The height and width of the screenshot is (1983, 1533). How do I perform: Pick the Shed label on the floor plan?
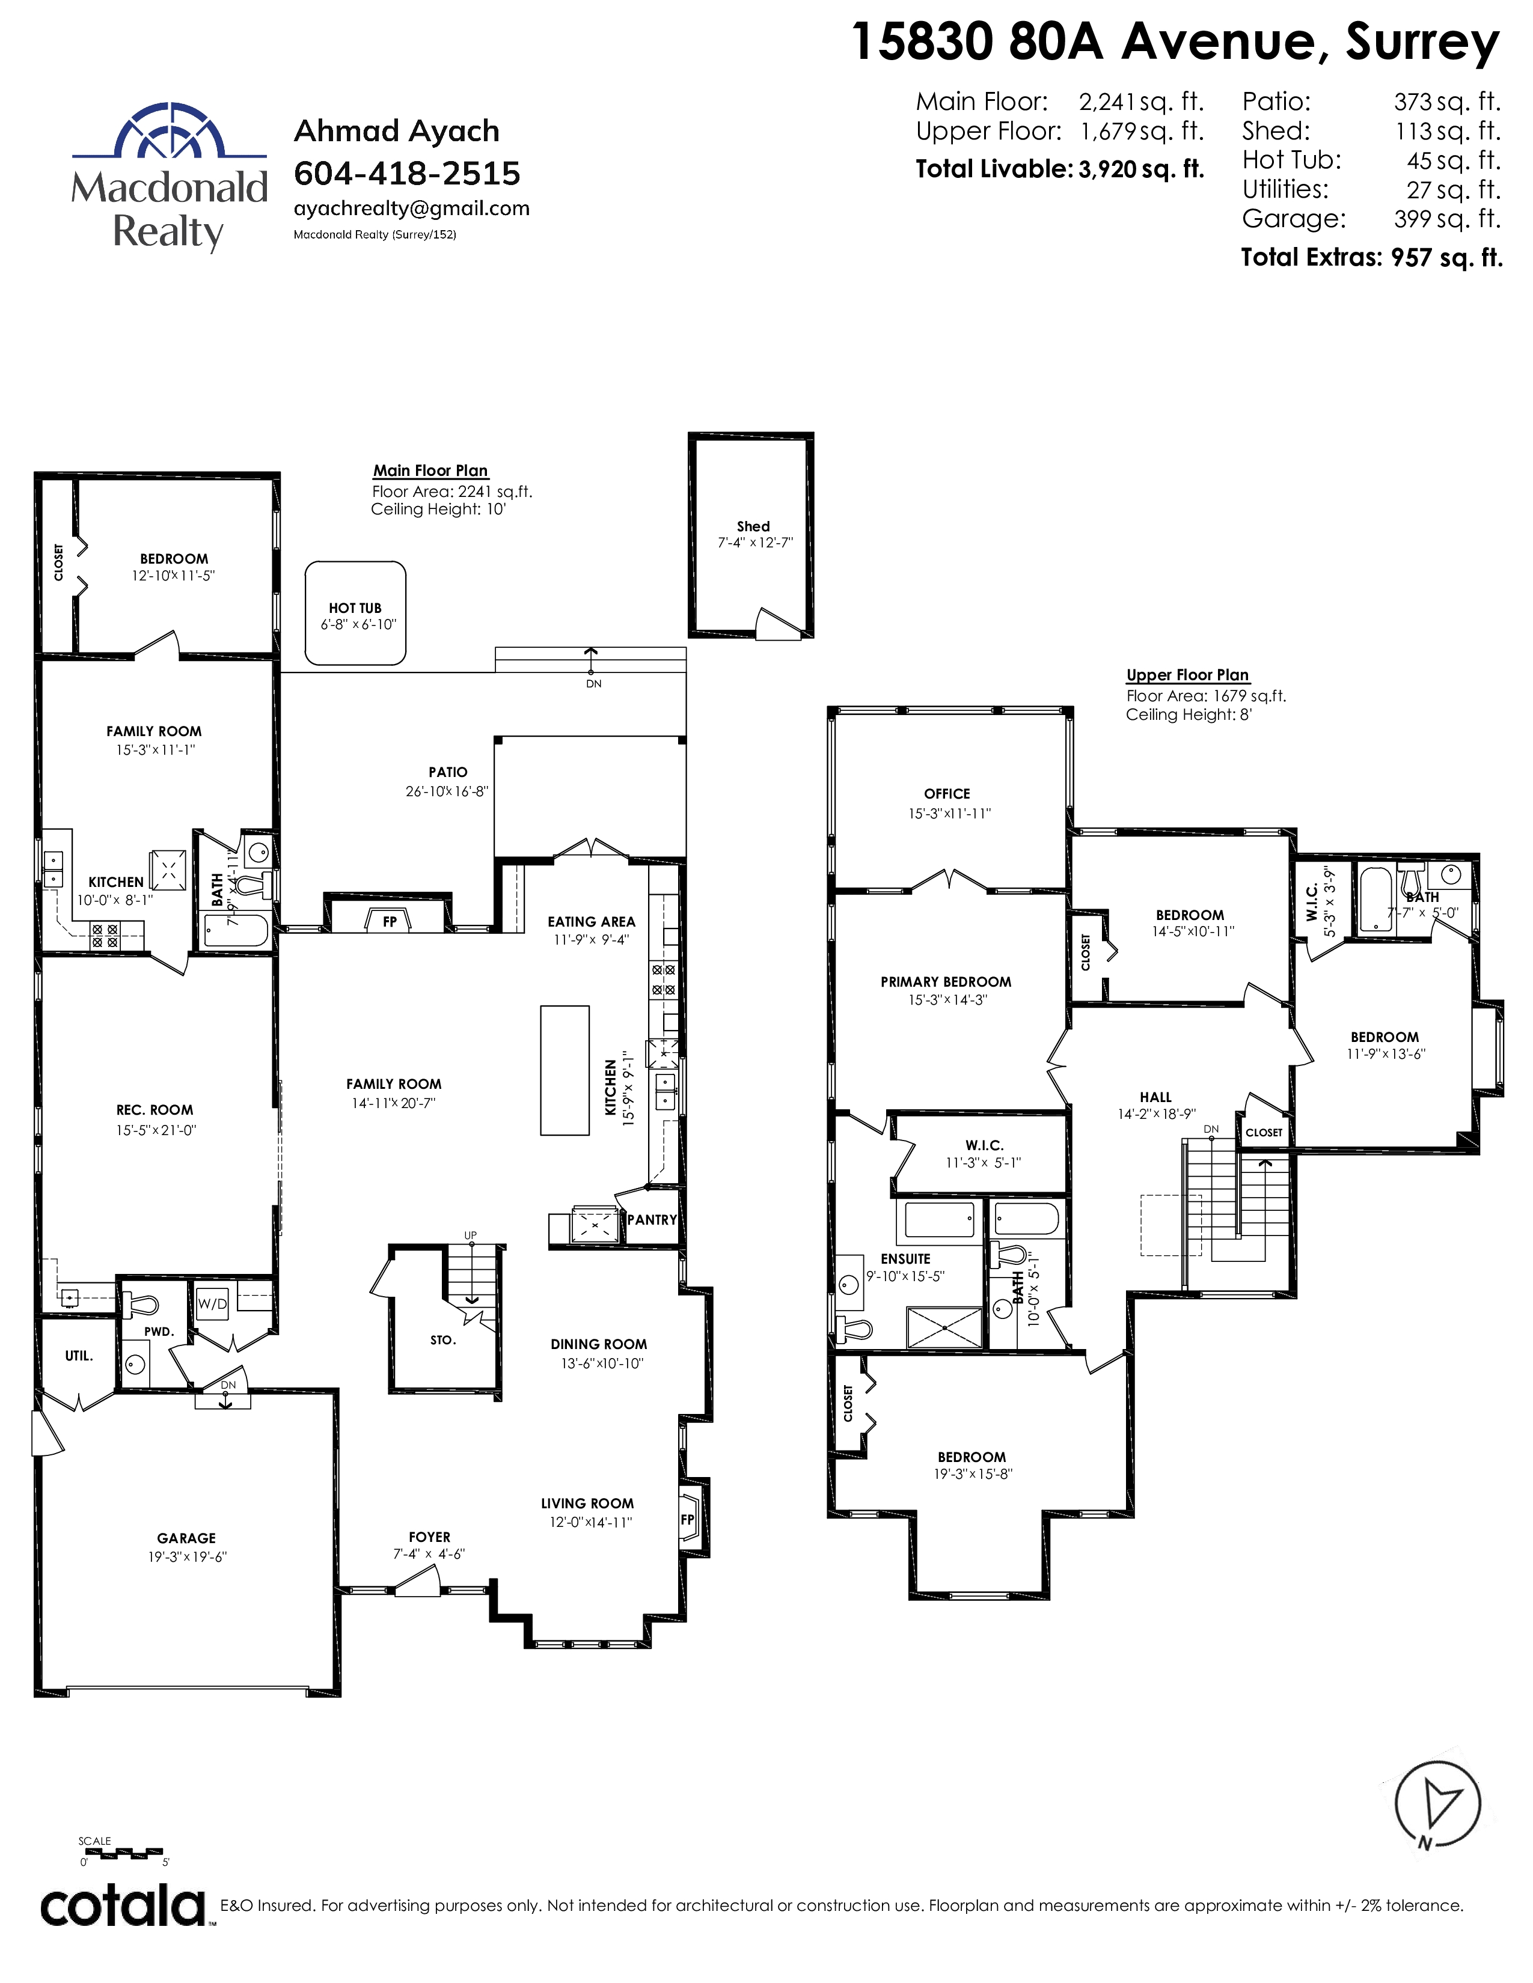tap(753, 526)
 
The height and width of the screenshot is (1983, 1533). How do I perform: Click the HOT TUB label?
tap(355, 608)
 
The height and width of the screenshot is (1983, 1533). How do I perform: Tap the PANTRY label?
tap(652, 1219)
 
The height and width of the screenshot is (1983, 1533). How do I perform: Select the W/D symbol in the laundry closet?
tap(212, 1304)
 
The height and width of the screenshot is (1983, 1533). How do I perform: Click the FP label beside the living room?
tap(688, 1519)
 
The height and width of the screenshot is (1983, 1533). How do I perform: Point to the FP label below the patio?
tap(390, 922)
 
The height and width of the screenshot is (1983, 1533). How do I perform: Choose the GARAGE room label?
tap(186, 1538)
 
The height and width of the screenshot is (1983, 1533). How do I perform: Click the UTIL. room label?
tap(79, 1356)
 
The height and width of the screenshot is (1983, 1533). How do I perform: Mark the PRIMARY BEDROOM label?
tap(946, 981)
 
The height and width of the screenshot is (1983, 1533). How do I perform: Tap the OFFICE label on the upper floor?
tap(947, 794)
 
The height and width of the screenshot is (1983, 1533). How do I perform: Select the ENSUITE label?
tap(905, 1258)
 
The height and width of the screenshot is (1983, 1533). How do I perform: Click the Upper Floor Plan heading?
tap(1188, 675)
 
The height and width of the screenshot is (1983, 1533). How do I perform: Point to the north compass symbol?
tap(1437, 1808)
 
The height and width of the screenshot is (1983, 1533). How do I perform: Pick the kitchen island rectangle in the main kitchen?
tap(565, 1070)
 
